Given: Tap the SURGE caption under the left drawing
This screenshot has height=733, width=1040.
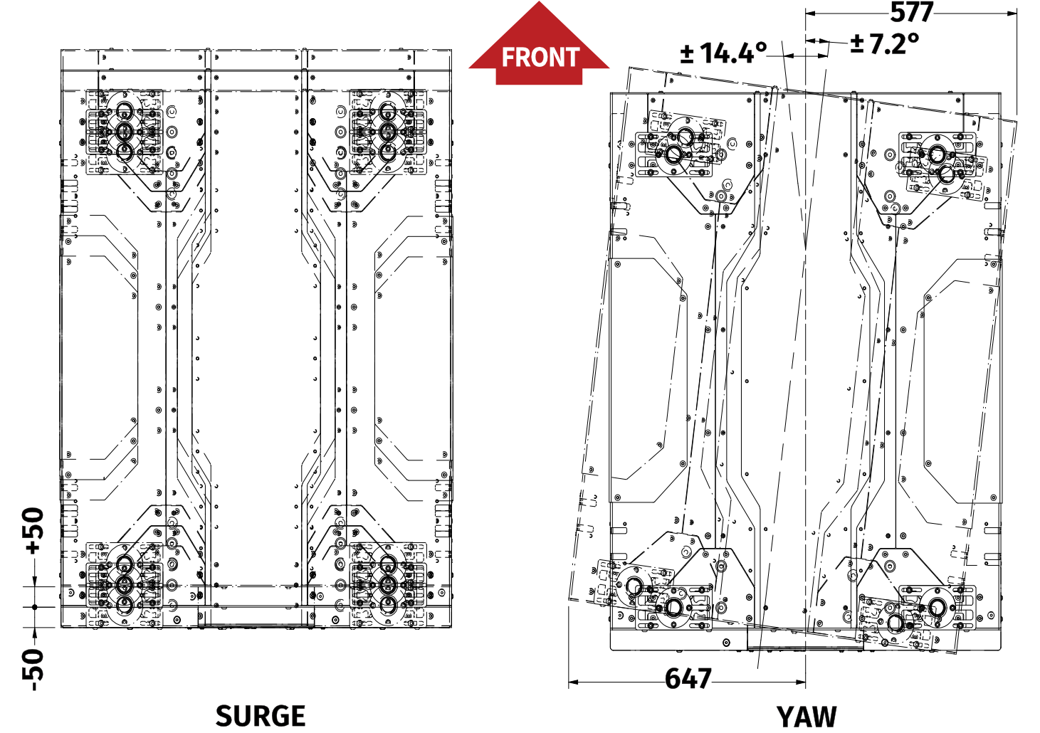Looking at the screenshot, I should coord(261,716).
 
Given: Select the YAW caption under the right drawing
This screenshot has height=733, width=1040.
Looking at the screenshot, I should coord(806,717).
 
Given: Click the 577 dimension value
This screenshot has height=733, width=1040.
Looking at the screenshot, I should coord(912,13).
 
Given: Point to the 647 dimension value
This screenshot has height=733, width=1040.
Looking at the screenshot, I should coord(688,679).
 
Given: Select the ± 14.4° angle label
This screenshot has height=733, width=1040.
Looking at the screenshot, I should coord(723,53).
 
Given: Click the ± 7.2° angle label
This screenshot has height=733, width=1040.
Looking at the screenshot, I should coord(885,44).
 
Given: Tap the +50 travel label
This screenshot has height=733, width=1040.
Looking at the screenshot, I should coord(33,530).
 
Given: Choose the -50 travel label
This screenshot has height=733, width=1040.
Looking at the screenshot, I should coord(33,669).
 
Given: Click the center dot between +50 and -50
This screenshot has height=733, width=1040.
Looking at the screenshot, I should coord(34,607).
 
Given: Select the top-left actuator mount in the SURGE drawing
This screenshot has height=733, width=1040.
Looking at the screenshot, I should coord(125,132).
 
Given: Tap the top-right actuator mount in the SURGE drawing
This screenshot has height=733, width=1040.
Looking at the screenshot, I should coord(387,132).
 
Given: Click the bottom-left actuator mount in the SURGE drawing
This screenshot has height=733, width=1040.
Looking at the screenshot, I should coord(125,585).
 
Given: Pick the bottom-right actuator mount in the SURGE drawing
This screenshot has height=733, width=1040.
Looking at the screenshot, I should coord(387,585).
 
